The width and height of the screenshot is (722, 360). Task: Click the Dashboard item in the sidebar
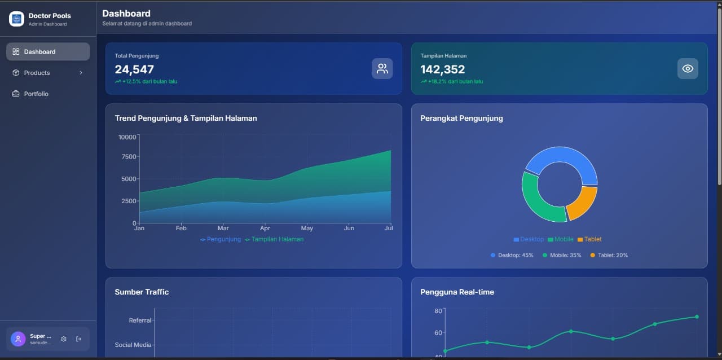point(48,51)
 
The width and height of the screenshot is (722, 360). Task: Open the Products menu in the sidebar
point(48,73)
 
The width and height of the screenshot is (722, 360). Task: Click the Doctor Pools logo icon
point(17,19)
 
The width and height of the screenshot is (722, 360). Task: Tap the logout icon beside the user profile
point(79,339)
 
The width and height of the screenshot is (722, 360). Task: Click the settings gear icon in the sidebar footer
point(64,339)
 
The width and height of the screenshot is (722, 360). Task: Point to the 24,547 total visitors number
point(134,69)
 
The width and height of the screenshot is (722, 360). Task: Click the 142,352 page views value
point(443,69)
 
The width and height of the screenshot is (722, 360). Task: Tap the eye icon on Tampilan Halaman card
point(688,69)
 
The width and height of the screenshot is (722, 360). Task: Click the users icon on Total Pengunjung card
point(382,69)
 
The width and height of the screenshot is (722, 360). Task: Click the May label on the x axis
point(307,229)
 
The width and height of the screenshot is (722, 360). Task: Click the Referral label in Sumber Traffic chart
point(140,321)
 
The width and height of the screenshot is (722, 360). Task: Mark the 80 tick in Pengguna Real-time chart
point(438,311)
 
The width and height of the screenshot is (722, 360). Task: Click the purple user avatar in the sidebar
point(18,339)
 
